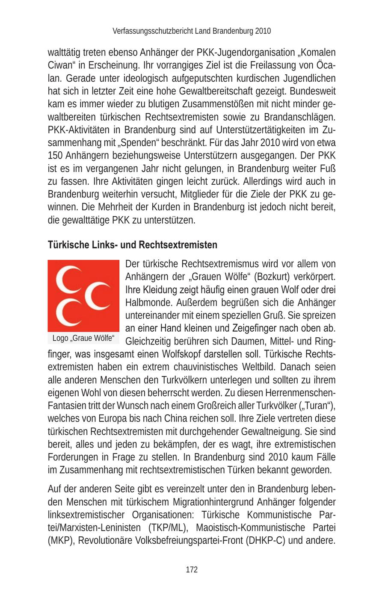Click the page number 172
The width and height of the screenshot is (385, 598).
(192, 569)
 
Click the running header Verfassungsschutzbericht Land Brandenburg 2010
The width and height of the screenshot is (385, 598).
(192, 31)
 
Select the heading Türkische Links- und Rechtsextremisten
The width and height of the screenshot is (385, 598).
(132, 245)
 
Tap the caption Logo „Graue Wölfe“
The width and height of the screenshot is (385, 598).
(83, 338)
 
